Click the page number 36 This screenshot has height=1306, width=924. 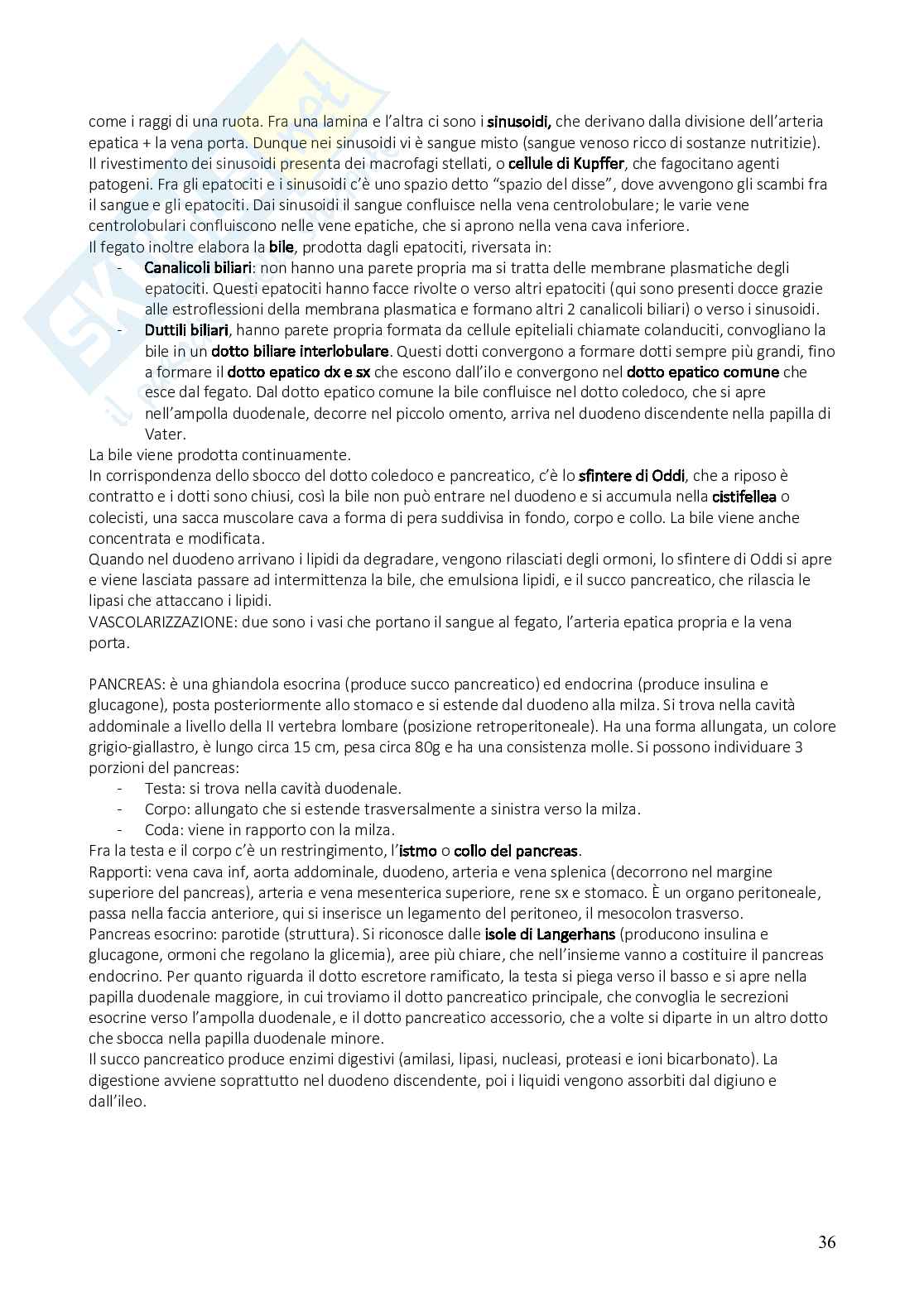[826, 1242]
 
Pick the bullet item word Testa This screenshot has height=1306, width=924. [162, 789]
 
